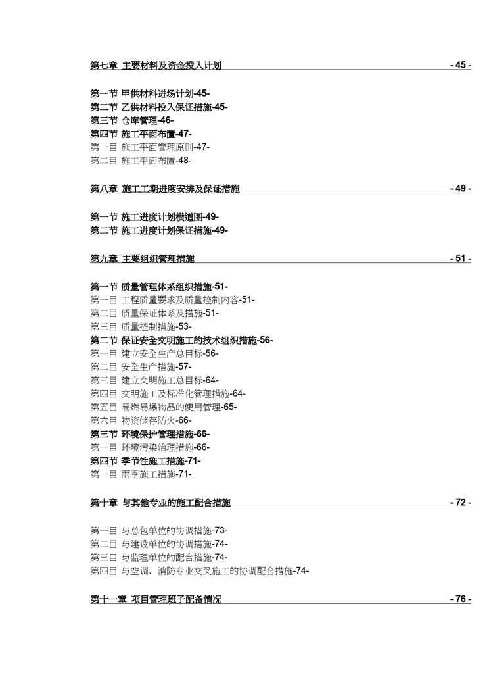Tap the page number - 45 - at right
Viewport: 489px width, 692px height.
click(460, 65)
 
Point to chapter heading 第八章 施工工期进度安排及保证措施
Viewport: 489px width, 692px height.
click(165, 189)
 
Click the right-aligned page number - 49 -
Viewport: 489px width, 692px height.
click(460, 189)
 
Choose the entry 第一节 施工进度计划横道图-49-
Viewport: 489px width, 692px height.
click(154, 216)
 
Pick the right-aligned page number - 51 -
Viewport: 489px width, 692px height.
click(460, 259)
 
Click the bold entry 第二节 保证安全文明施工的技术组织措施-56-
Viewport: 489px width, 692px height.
click(181, 340)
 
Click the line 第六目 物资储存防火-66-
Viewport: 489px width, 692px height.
click(141, 420)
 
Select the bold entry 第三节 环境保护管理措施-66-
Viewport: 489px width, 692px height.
click(150, 434)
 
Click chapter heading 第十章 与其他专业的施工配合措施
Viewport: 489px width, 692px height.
click(160, 503)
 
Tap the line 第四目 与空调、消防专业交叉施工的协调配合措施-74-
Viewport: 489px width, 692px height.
click(199, 571)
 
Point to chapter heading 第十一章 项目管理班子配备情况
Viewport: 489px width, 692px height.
click(156, 599)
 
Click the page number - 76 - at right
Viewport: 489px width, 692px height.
click(460, 599)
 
